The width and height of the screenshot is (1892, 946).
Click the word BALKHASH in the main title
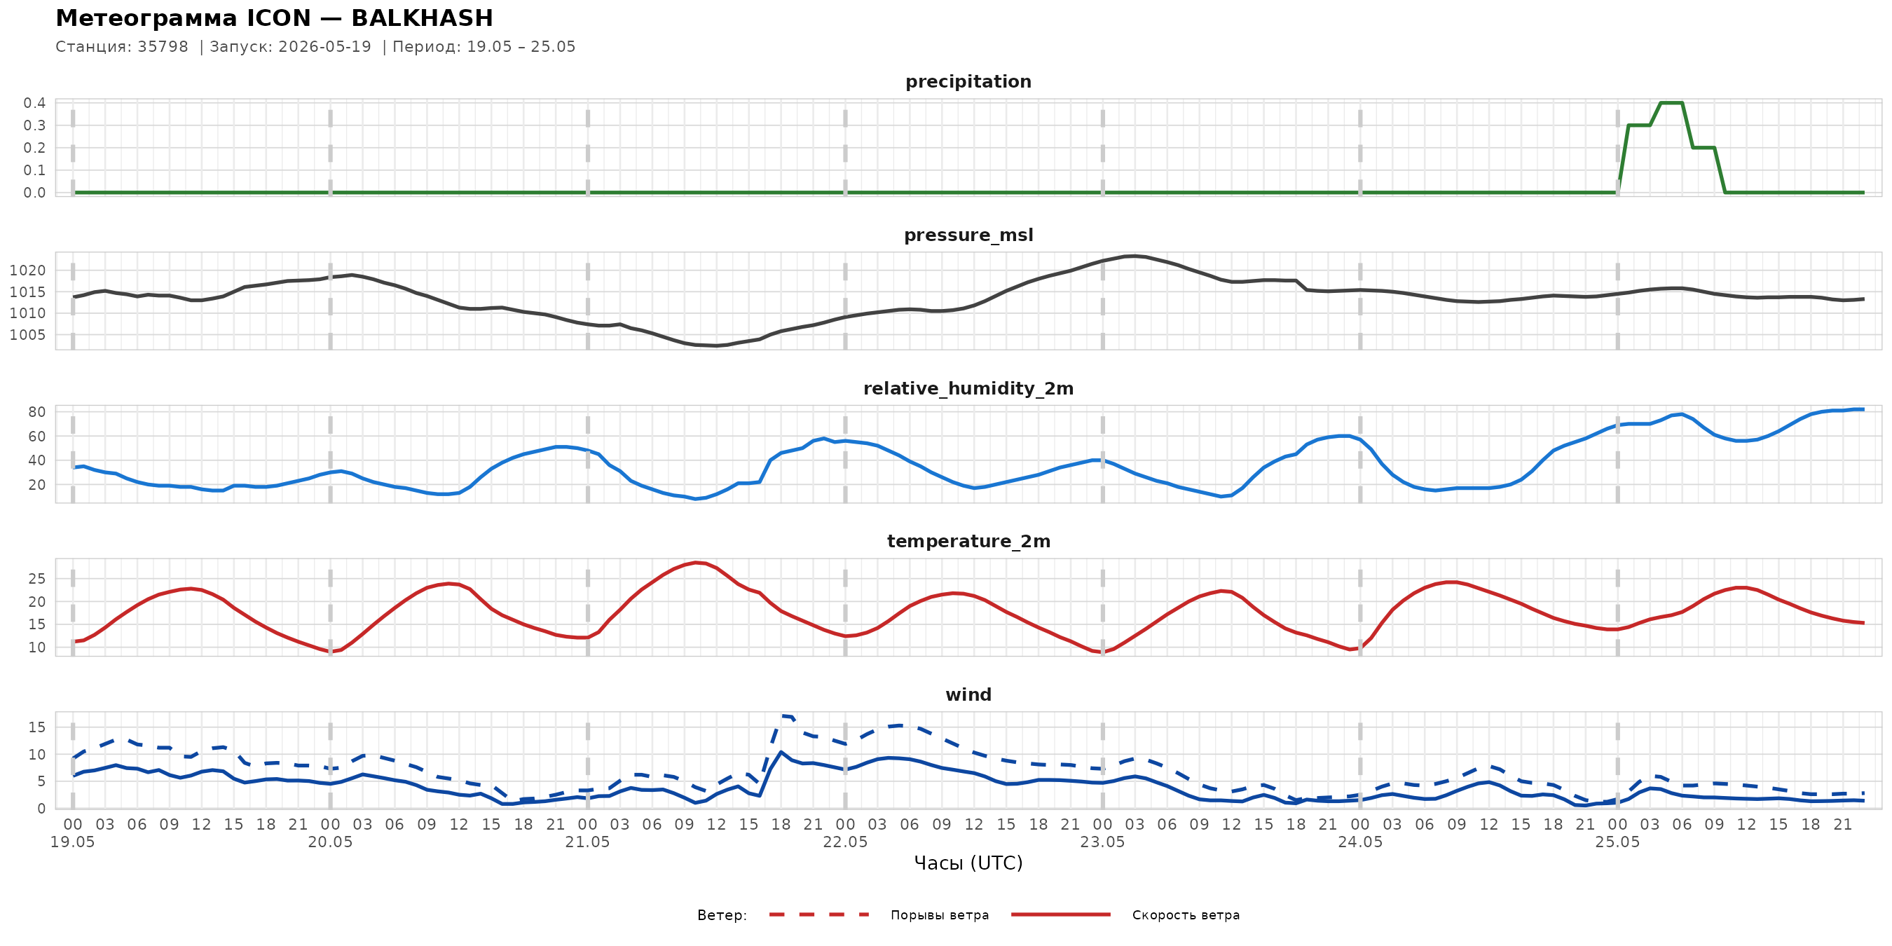tap(422, 18)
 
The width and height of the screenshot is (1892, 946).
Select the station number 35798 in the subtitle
tap(163, 47)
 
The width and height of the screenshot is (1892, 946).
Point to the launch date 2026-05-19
tap(324, 47)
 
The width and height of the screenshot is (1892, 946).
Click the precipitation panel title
tap(968, 82)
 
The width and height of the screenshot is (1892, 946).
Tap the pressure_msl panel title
tap(968, 235)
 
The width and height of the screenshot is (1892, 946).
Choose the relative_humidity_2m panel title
tap(968, 388)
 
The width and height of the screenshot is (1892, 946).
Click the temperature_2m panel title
tap(968, 541)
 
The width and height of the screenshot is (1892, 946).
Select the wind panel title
tap(968, 695)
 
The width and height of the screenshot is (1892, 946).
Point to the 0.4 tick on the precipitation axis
tap(34, 103)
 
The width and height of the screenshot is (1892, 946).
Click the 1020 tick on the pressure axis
tap(27, 270)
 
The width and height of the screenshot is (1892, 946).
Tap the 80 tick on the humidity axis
tap(36, 412)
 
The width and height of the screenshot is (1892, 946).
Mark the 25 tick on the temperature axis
tap(36, 579)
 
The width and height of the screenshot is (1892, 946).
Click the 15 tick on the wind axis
tap(36, 727)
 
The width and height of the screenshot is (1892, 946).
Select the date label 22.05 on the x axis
tap(844, 842)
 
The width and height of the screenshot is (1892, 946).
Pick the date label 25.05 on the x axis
tap(1617, 842)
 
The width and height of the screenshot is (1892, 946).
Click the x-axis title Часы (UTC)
tap(968, 863)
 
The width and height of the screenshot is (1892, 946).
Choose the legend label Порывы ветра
tap(940, 915)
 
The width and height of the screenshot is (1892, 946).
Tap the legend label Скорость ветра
tap(1186, 915)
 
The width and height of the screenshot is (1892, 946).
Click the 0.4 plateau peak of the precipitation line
tap(1671, 103)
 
